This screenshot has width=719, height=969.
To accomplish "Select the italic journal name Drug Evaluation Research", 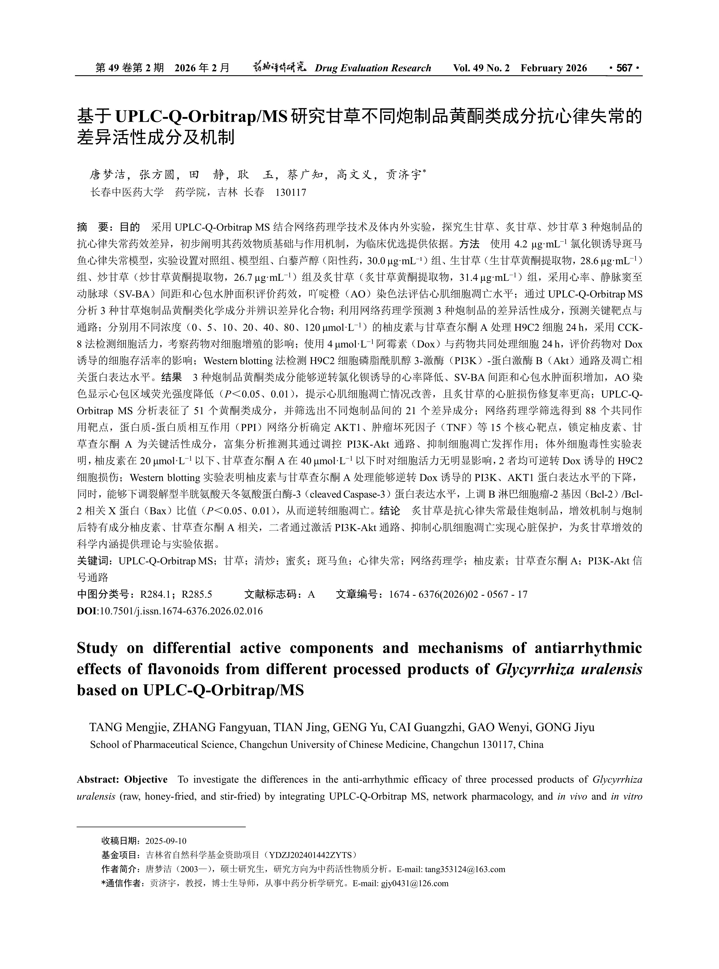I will click(373, 68).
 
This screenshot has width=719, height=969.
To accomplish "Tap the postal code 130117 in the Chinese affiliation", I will click(291, 192).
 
